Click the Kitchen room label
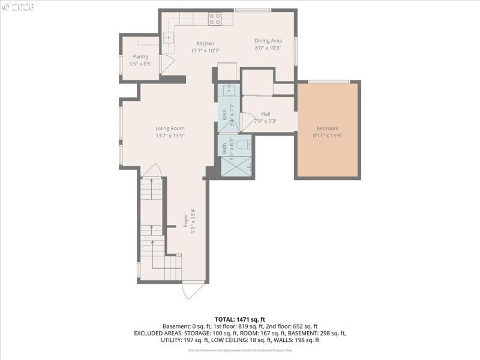[x=205, y=43]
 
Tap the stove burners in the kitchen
[x=215, y=19]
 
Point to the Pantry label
[x=140, y=56]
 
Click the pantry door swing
[x=167, y=64]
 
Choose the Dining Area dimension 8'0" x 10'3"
[x=268, y=48]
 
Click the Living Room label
[x=170, y=128]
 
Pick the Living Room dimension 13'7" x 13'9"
[x=170, y=136]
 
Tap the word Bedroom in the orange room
[x=327, y=128]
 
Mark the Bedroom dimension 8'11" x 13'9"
[x=327, y=136]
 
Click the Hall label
[x=265, y=114]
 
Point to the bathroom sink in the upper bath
[x=229, y=91]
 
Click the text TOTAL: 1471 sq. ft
[x=239, y=319]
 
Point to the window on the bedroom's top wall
[x=329, y=82]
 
